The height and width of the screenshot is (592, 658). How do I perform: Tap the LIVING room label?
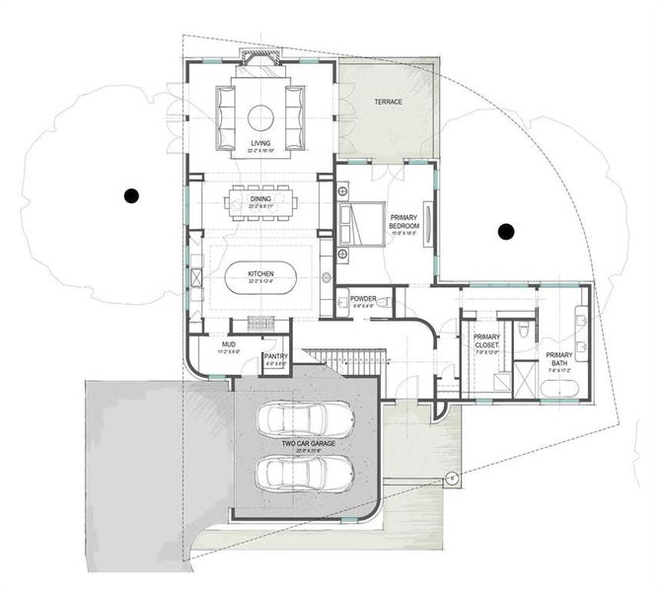260,144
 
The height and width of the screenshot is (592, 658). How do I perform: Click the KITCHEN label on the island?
260,273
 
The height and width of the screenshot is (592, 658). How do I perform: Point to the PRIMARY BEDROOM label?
404,221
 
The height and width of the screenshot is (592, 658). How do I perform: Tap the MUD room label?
228,345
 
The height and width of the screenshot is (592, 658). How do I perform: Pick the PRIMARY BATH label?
559,359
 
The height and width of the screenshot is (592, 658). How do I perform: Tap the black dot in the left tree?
130,195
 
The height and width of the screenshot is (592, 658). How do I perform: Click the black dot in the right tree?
506,232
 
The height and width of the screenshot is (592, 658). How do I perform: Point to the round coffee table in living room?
260,117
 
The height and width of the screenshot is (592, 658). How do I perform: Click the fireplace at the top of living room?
260,62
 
